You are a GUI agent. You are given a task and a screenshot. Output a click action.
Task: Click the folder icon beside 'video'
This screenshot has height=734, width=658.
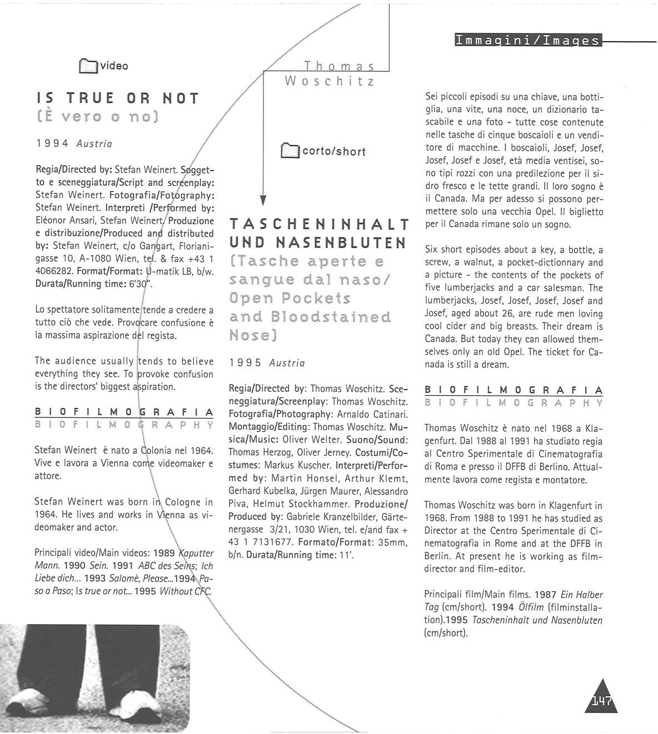click(87, 66)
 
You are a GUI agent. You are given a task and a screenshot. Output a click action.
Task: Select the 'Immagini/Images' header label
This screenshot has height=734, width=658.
click(527, 41)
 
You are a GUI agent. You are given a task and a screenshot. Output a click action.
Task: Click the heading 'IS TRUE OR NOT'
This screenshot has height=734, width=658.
click(117, 99)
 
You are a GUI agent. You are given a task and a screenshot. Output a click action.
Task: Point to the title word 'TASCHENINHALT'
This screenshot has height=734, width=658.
click(319, 224)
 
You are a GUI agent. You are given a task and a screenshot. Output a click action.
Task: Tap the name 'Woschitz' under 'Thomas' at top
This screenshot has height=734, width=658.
click(330, 81)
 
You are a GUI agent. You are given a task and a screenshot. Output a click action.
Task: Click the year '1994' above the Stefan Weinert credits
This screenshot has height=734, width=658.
click(52, 144)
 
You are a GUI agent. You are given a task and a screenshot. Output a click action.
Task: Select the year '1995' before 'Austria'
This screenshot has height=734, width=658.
click(245, 363)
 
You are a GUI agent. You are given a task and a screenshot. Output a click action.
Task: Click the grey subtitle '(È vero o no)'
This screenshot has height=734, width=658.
click(98, 117)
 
